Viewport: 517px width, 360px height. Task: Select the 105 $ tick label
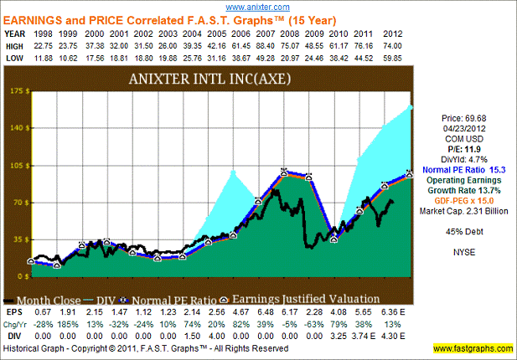[16, 165]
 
